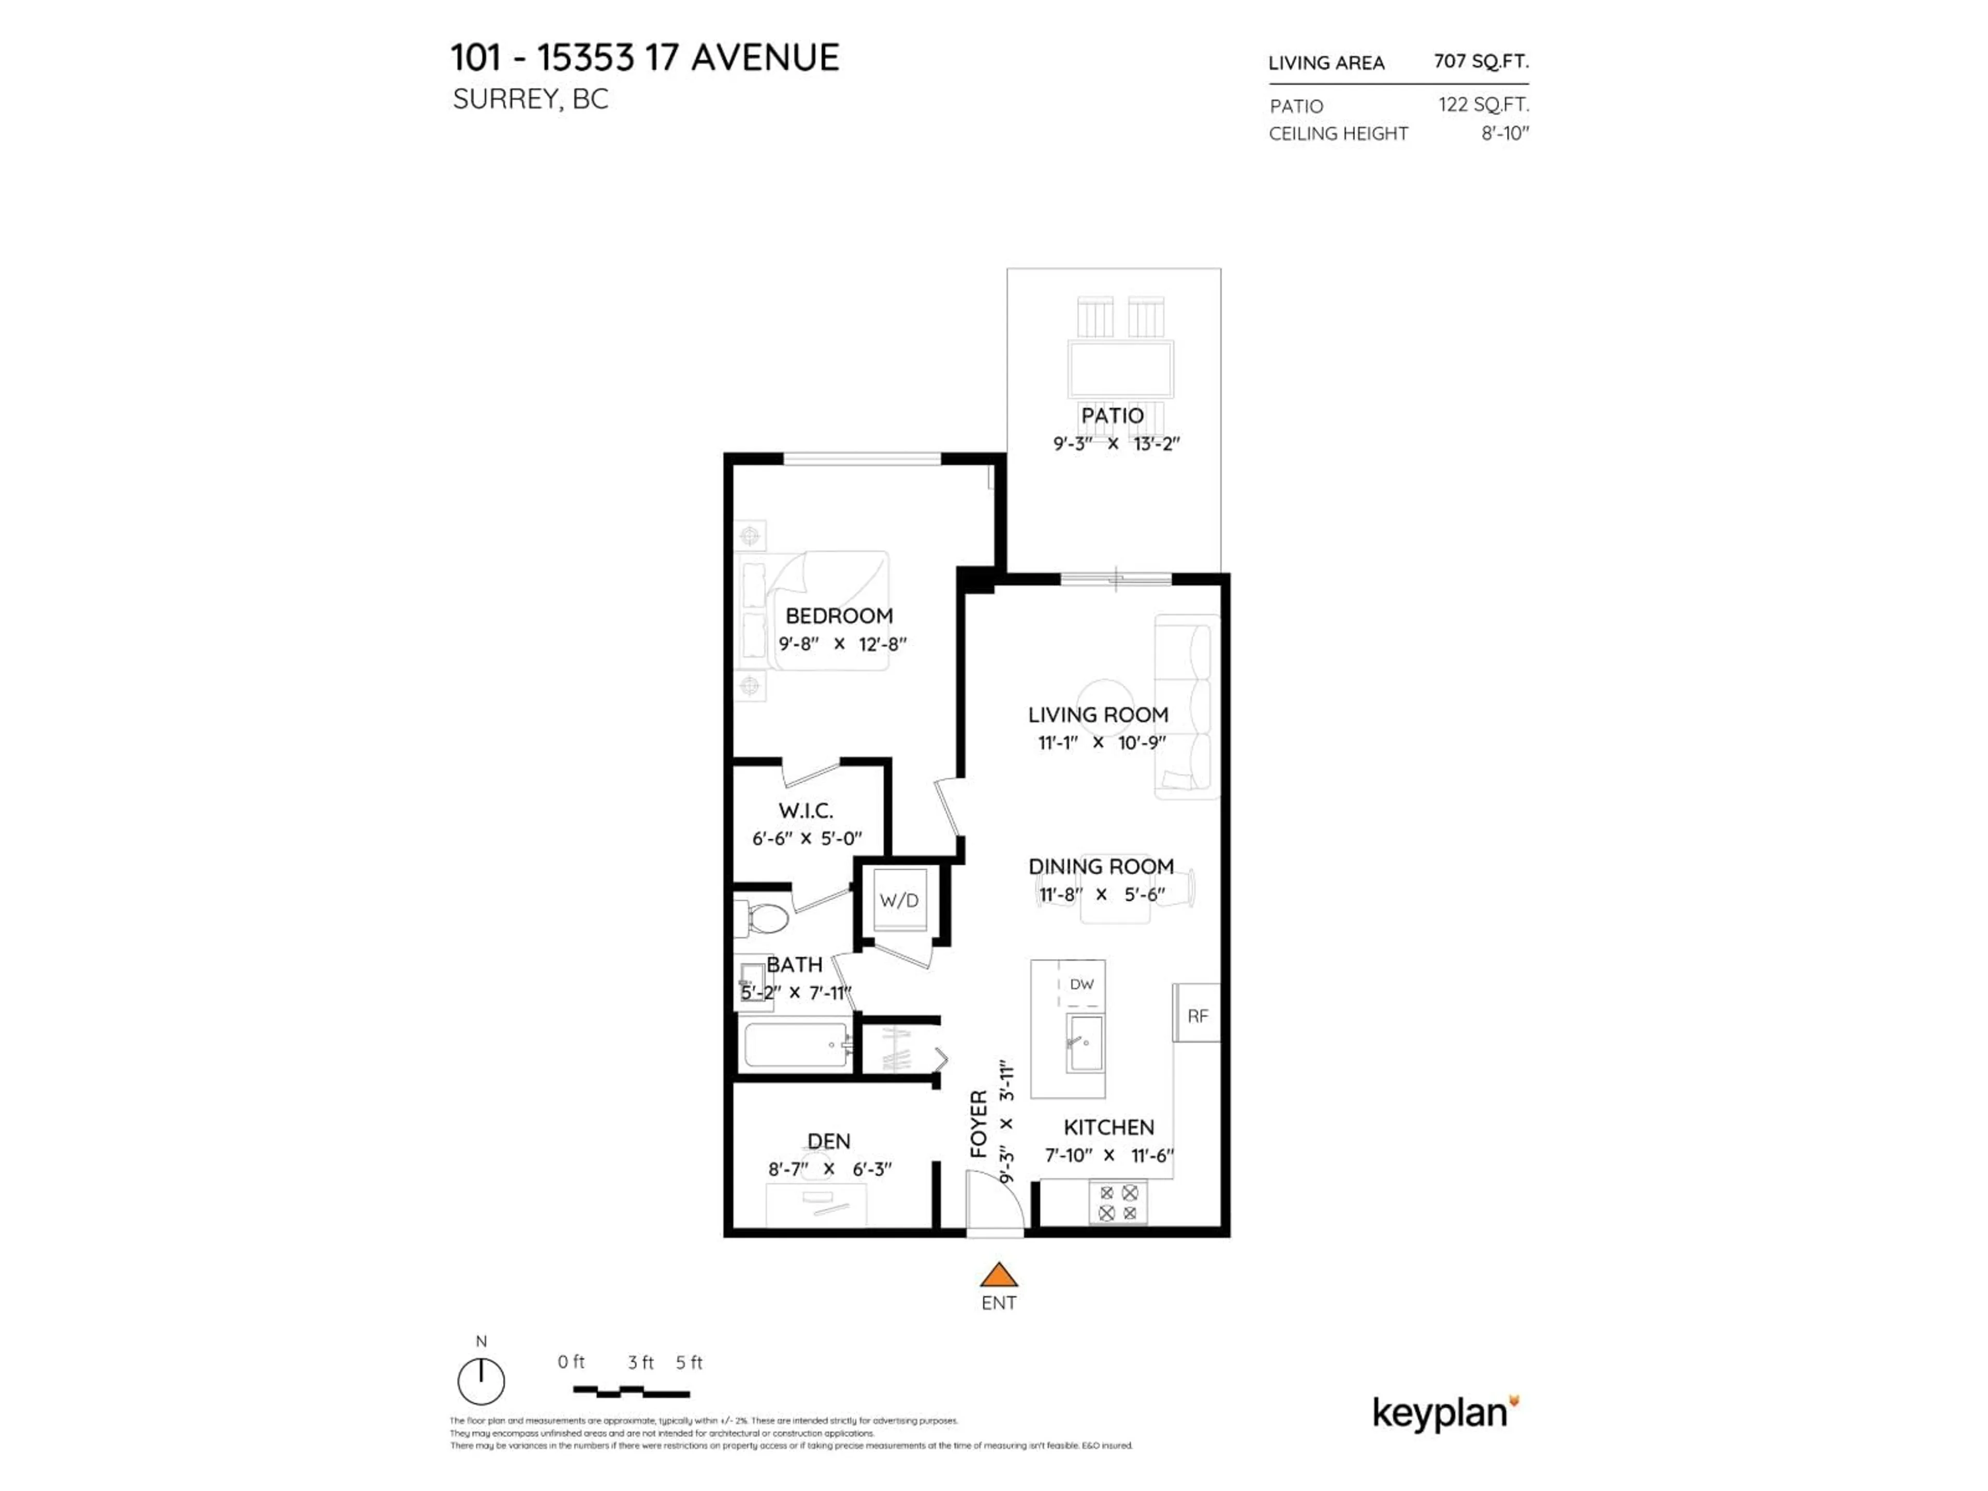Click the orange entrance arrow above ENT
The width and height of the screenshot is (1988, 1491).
(999, 1275)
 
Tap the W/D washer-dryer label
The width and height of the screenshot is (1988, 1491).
(899, 900)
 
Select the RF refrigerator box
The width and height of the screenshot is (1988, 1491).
(1197, 1016)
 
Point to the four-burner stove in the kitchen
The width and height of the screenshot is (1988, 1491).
(1118, 1203)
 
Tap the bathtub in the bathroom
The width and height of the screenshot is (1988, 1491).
(796, 1045)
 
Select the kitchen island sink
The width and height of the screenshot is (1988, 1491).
(1085, 1043)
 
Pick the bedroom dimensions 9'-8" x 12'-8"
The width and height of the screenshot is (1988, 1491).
(842, 644)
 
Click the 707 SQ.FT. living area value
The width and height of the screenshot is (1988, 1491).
(1480, 61)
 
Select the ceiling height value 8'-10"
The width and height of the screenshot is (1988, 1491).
(1504, 133)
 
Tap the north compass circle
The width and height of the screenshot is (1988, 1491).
(481, 1381)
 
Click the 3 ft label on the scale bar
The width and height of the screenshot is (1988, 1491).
(640, 1363)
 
